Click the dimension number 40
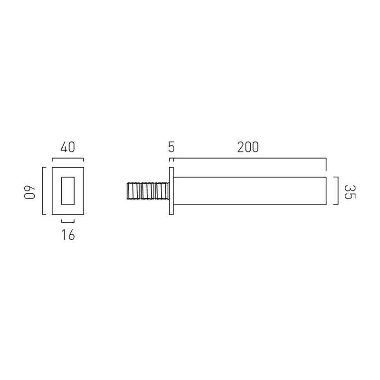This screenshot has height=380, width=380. tap(67, 147)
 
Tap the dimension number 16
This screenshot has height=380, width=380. tap(68, 235)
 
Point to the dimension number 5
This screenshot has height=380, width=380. tap(171, 147)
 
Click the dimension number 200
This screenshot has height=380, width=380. tap(248, 147)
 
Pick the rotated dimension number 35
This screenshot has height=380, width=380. tap(350, 192)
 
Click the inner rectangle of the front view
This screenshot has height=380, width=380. tap(68, 191)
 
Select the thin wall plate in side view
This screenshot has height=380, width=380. tap(171, 191)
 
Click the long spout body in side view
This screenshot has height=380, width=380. tap(250, 191)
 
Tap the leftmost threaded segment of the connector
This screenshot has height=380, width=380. tap(133, 191)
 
